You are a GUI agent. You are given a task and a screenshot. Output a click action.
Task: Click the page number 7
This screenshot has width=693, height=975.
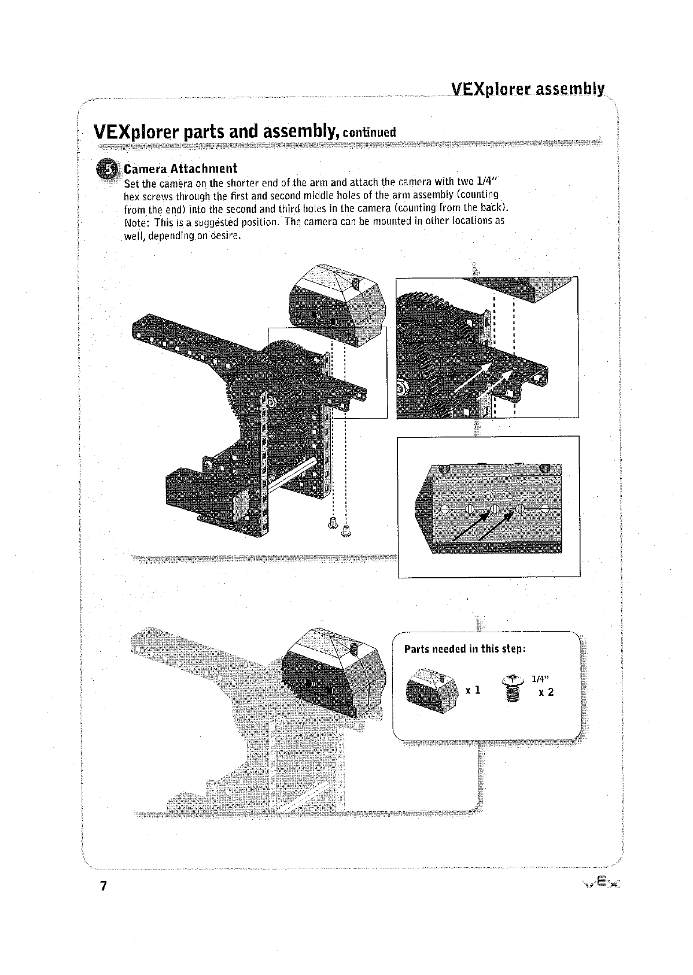click(104, 886)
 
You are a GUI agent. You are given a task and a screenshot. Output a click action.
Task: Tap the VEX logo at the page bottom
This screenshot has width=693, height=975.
click(603, 883)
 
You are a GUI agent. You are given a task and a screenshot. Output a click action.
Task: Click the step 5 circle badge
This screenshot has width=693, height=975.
click(108, 168)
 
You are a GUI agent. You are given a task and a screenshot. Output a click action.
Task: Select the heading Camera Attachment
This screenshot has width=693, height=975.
click(180, 168)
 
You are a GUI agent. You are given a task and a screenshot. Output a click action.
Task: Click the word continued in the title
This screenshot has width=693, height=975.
click(369, 133)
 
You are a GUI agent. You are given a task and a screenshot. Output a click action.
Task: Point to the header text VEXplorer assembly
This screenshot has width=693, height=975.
click(527, 89)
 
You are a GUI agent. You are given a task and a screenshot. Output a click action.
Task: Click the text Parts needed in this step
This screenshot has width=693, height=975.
click(465, 648)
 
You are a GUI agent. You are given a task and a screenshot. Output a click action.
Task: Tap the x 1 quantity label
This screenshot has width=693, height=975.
click(473, 690)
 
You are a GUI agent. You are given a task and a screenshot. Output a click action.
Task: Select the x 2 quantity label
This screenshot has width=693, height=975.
click(546, 692)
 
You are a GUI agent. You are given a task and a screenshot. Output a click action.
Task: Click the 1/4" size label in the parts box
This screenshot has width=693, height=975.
click(540, 679)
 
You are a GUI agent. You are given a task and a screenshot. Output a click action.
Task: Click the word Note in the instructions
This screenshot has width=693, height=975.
click(137, 222)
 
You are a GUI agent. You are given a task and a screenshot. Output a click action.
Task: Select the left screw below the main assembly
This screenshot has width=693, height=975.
click(333, 521)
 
